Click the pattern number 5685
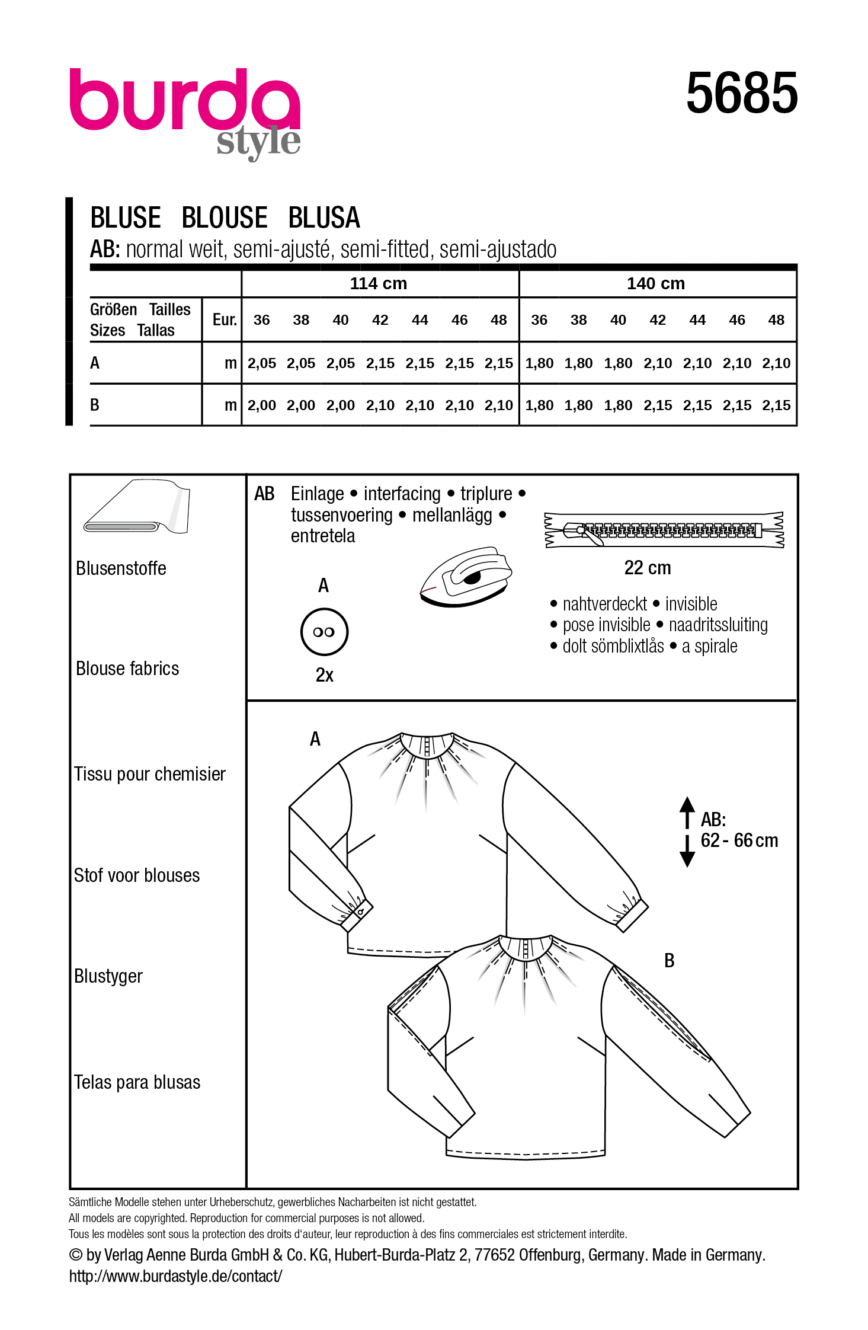[742, 93]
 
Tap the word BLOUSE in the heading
[225, 218]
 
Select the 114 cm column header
[379, 283]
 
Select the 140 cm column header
[656, 283]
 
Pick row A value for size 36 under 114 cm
[261, 363]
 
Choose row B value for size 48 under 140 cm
[776, 405]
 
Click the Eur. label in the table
[225, 320]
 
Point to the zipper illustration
[664, 529]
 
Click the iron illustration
[466, 576]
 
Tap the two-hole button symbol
[324, 632]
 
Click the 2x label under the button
[325, 675]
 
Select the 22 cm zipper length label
[648, 568]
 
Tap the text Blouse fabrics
[127, 669]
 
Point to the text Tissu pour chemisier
[150, 774]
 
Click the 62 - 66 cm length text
[739, 840]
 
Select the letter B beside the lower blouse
[670, 961]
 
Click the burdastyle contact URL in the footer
[175, 1276]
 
